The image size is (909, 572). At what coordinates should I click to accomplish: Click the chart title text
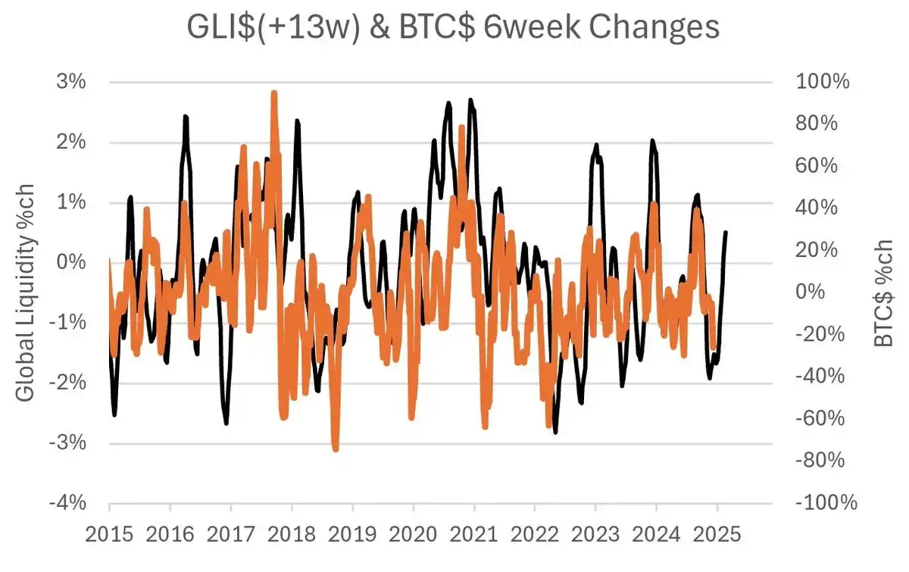pyautogui.click(x=453, y=28)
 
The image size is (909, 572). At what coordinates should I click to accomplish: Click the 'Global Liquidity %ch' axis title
pyautogui.click(x=25, y=292)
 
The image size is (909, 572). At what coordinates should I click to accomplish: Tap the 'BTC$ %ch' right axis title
pyautogui.click(x=884, y=292)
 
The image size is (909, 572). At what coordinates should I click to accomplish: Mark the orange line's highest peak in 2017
pyautogui.click(x=273, y=93)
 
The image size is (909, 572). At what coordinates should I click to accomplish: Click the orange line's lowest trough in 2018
pyautogui.click(x=335, y=449)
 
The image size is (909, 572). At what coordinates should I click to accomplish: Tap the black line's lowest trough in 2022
pyautogui.click(x=555, y=432)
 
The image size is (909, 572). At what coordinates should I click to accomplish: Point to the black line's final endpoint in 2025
pyautogui.click(x=726, y=233)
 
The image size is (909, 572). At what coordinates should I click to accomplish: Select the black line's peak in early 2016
pyautogui.click(x=185, y=117)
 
